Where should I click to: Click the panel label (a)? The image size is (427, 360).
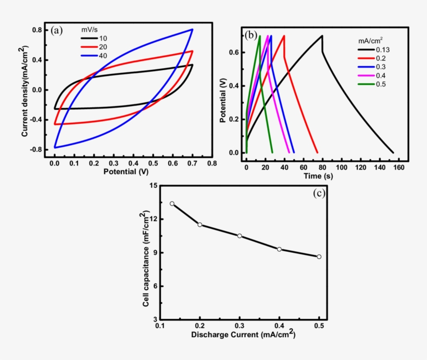click(57, 30)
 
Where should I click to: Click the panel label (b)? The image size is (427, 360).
click(250, 35)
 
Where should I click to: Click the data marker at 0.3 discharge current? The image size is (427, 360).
click(240, 236)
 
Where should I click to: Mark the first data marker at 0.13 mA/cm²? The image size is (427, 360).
click(172, 203)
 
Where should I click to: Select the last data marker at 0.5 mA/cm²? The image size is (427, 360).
click(319, 256)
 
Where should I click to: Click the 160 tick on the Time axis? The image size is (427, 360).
click(398, 168)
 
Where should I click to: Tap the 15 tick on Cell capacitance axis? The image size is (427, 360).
click(152, 186)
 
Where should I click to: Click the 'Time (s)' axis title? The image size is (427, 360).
click(319, 177)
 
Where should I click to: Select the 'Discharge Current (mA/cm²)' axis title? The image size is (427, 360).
click(243, 333)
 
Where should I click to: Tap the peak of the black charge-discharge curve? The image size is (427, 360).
click(322, 35)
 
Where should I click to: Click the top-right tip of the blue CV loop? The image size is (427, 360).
click(193, 29)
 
